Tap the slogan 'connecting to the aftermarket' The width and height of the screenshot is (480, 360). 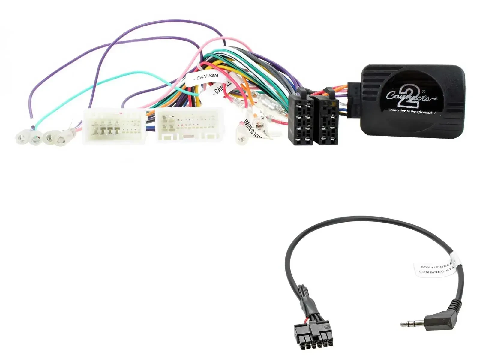tap(410, 111)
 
